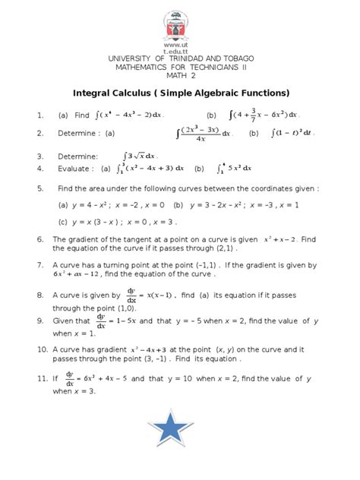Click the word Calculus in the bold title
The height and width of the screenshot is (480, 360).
[149, 93]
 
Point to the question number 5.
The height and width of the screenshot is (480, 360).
[40, 187]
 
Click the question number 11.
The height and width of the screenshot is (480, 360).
[43, 377]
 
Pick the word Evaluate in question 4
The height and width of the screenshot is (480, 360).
[75, 169]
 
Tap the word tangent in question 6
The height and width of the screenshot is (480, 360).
[129, 239]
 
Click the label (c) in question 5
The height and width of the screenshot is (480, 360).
[62, 222]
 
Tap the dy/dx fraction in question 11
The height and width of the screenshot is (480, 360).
[70, 376]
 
